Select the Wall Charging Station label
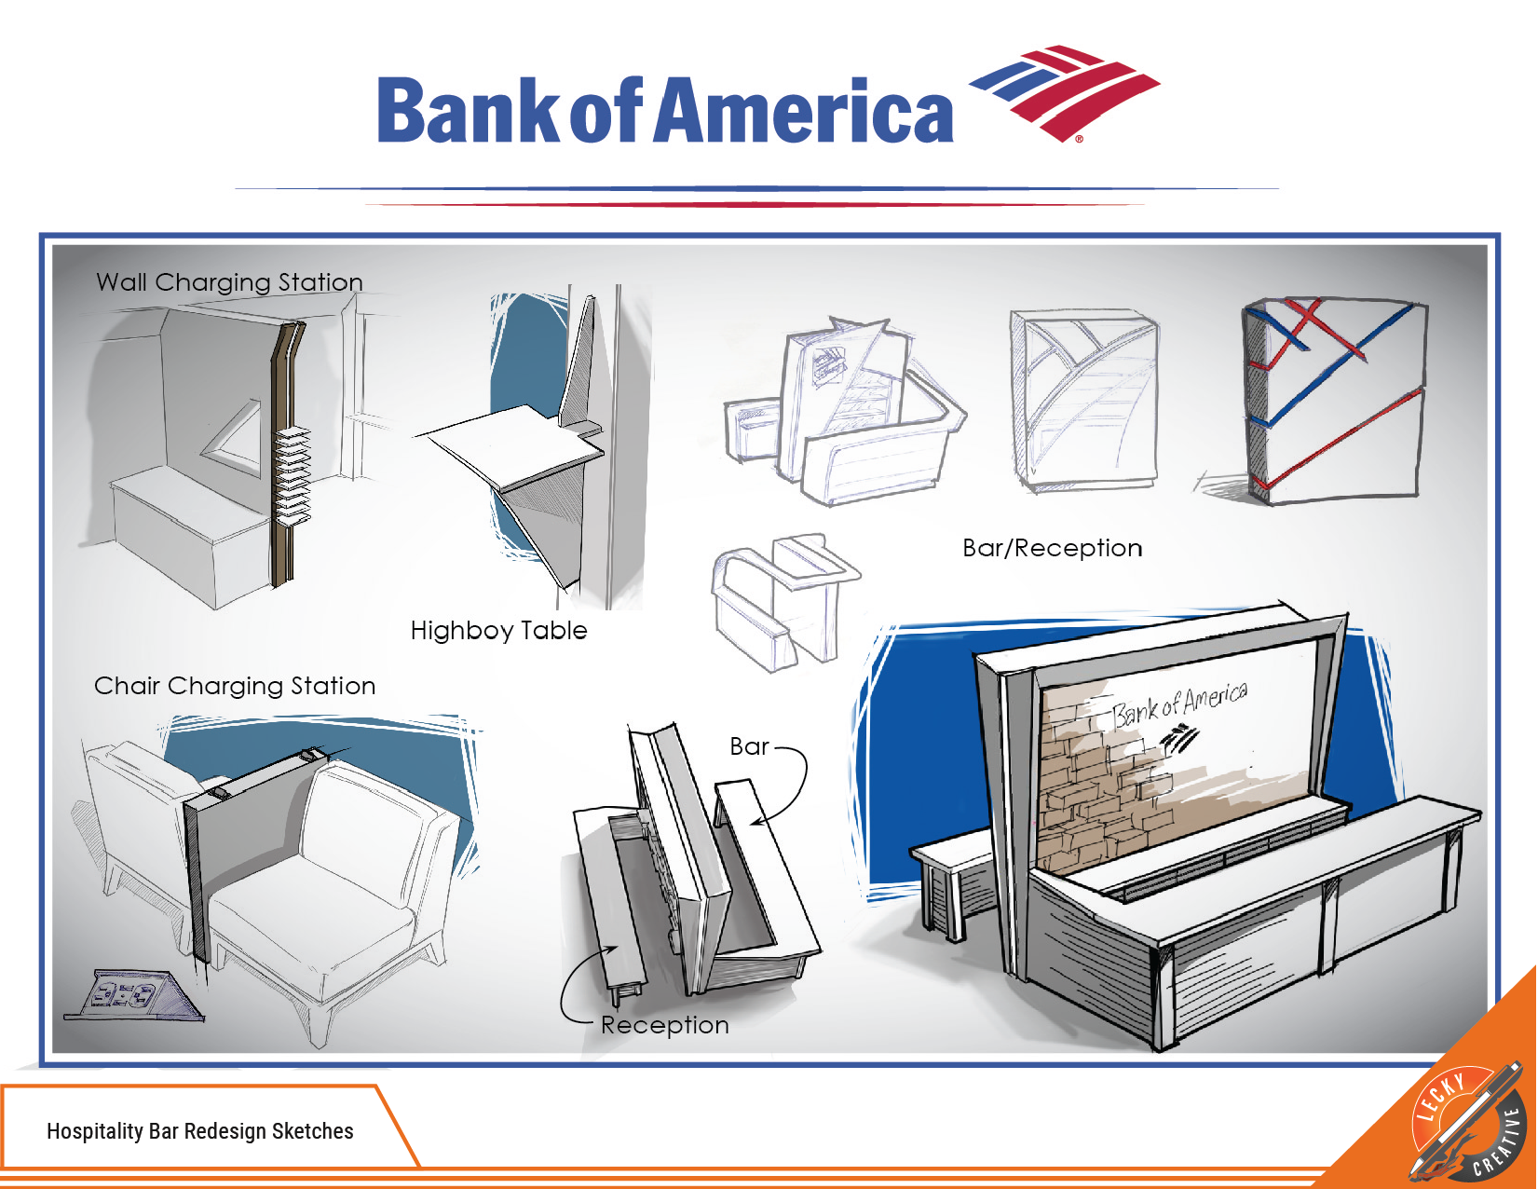[229, 281]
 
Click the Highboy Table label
[498, 631]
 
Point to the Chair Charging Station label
[235, 686]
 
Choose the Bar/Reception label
[1052, 548]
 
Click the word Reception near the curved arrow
[664, 1025]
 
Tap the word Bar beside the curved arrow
[749, 746]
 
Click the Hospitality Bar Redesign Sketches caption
[200, 1131]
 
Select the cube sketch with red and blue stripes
[1334, 401]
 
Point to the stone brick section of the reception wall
[1090, 792]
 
